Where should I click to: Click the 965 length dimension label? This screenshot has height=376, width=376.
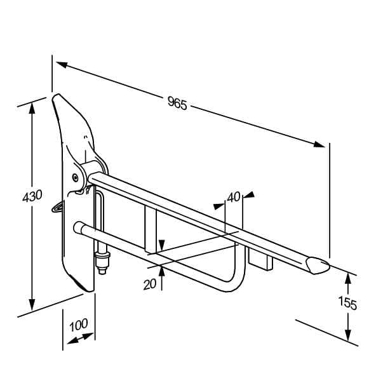tap(177, 103)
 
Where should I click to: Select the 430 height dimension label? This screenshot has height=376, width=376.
tap(32, 196)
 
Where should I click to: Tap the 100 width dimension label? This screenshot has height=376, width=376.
tap(79, 325)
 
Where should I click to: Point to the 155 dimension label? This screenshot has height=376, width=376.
tap(347, 303)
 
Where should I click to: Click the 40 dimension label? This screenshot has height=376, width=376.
tap(234, 198)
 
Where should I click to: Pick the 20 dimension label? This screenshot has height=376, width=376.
tap(150, 285)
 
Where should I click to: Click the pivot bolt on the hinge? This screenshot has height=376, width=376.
tap(76, 178)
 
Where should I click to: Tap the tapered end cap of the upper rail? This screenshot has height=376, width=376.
tap(318, 265)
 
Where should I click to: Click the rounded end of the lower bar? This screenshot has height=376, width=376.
tap(77, 227)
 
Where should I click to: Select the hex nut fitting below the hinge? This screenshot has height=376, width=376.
tap(103, 260)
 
